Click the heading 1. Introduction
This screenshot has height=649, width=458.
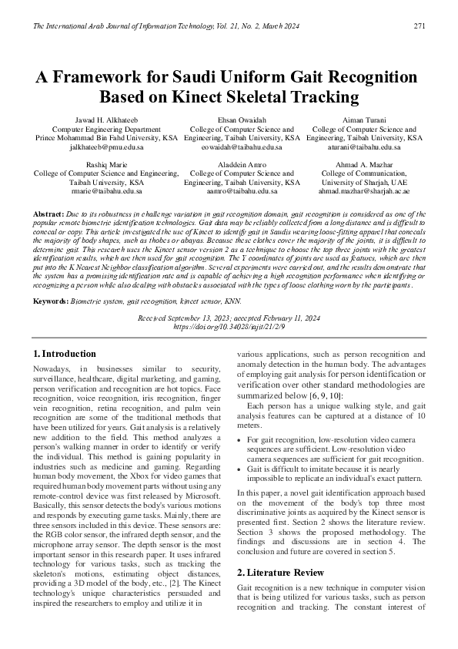pos(65,354)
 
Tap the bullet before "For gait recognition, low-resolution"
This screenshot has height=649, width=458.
pos(240,439)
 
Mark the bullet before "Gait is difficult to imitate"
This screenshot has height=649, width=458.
pos(240,469)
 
